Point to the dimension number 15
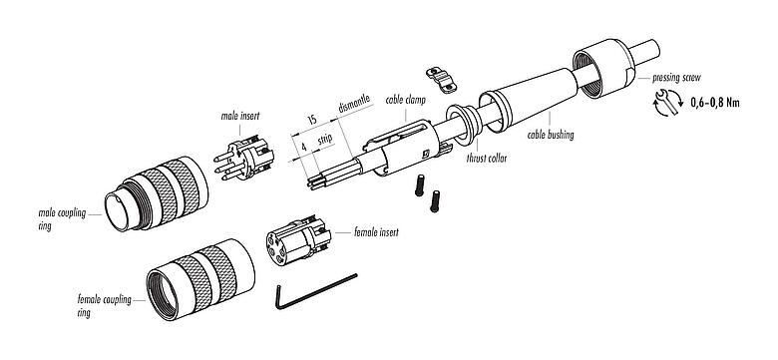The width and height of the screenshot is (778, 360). coord(313,120)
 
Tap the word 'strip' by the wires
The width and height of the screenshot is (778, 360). coord(324,146)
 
